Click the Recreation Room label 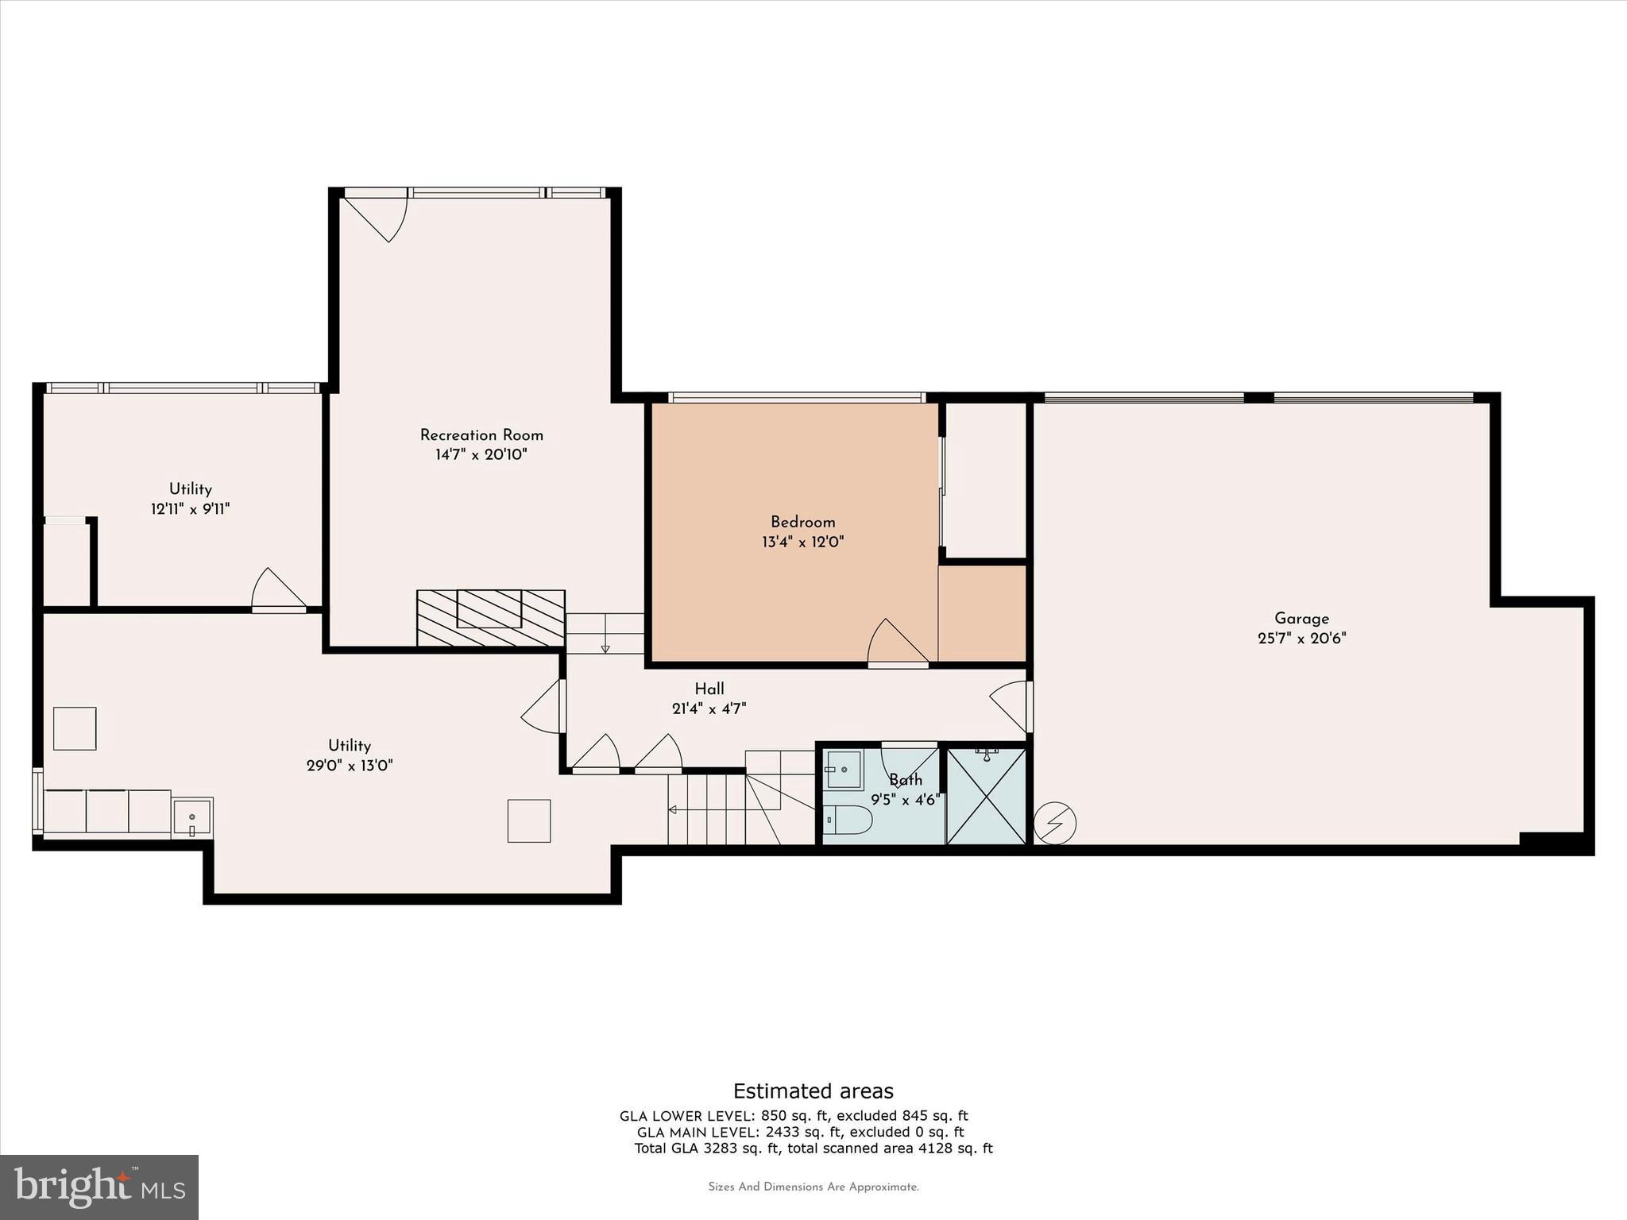pyautogui.click(x=481, y=435)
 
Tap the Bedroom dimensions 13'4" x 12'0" pyautogui.click(x=802, y=542)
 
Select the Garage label pyautogui.click(x=1301, y=618)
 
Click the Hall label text pyautogui.click(x=709, y=689)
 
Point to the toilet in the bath pyautogui.click(x=847, y=819)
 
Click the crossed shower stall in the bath pyautogui.click(x=986, y=797)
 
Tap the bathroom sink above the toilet pyautogui.click(x=843, y=769)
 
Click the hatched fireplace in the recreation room pyautogui.click(x=490, y=617)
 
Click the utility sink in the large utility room pyautogui.click(x=191, y=817)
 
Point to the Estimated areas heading pyautogui.click(x=813, y=1091)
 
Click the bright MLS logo pyautogui.click(x=99, y=1187)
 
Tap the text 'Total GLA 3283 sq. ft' pyautogui.click(x=708, y=1148)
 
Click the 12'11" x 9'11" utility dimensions pyautogui.click(x=190, y=509)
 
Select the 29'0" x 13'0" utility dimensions pyautogui.click(x=350, y=766)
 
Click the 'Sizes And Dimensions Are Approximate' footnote pyautogui.click(x=813, y=1187)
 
